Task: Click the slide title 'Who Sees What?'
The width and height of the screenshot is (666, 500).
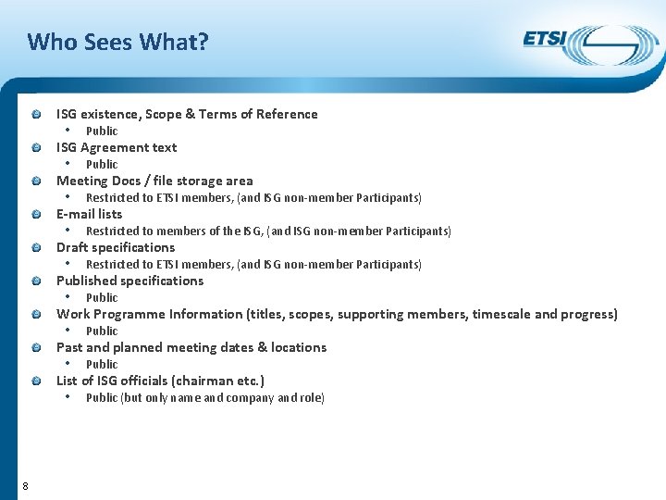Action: [x=118, y=42]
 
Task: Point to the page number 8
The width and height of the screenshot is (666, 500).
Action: [x=25, y=487]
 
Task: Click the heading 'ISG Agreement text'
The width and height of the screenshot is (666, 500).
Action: [x=117, y=147]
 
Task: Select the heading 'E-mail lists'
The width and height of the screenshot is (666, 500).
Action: [x=89, y=214]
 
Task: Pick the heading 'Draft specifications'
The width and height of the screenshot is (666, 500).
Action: [x=116, y=247]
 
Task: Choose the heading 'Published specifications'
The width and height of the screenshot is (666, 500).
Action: [x=129, y=281]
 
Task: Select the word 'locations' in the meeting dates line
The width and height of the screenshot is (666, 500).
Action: [x=298, y=347]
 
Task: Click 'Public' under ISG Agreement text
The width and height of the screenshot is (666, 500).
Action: [x=102, y=164]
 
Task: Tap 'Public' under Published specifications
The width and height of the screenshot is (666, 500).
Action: [x=102, y=297]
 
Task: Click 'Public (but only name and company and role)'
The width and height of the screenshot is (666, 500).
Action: [x=204, y=397]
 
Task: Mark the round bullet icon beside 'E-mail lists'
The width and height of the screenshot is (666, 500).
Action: [x=34, y=215]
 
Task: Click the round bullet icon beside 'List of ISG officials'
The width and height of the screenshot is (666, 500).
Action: [x=34, y=381]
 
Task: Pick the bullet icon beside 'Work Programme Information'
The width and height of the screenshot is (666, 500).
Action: [x=34, y=315]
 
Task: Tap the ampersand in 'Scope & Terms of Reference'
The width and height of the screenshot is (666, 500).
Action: [x=191, y=114]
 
